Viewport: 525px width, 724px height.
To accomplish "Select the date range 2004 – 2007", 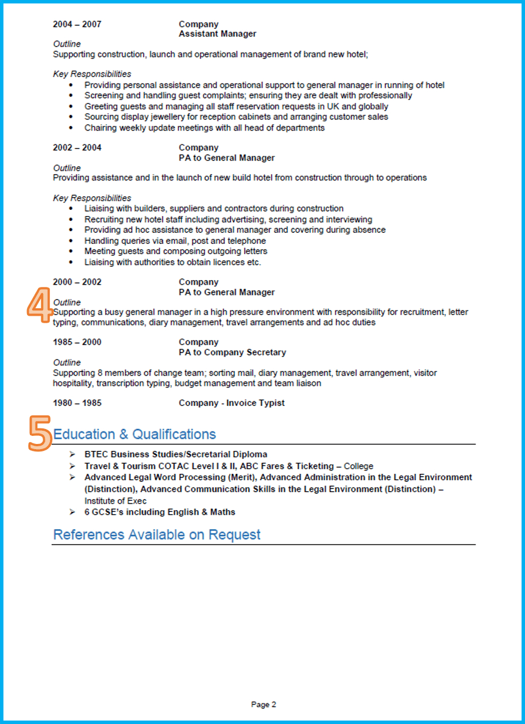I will pos(77,24).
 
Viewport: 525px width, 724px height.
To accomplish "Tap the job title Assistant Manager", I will pos(217,34).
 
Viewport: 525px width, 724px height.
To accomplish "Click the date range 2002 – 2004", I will pos(77,148).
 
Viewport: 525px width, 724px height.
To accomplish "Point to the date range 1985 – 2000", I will pos(77,342).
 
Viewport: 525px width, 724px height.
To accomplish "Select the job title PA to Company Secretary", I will pos(232,353).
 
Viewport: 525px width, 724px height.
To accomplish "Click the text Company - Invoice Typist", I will pos(231,403).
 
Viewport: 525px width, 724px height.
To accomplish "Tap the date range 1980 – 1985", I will pos(77,403).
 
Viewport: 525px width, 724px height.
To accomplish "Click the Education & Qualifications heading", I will pos(134,434).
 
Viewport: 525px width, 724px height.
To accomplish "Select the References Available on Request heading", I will pos(156,535).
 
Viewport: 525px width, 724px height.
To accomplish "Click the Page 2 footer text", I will pos(263,704).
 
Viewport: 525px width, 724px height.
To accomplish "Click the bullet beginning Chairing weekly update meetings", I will pos(204,128).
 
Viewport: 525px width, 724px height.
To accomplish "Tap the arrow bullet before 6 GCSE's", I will pos(72,512).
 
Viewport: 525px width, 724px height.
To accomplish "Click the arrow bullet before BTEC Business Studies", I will pos(72,454).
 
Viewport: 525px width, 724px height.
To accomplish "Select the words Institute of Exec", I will pos(115,501).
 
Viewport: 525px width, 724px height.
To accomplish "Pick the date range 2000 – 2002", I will pos(77,282).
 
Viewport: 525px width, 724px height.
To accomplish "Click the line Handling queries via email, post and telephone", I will pos(175,241).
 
